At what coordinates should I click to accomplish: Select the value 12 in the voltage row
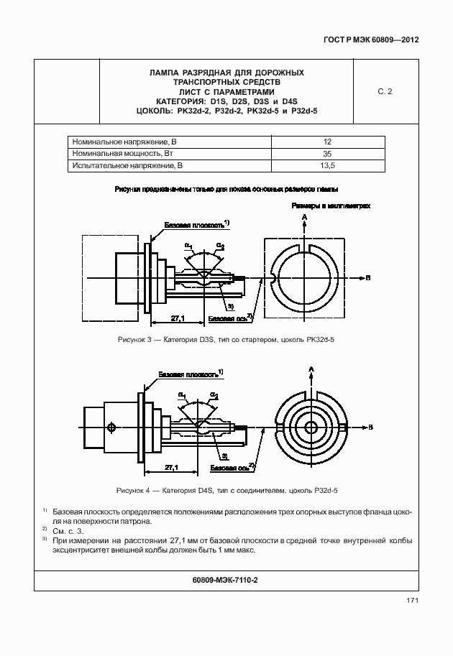point(327,142)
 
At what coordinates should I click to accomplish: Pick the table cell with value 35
point(327,154)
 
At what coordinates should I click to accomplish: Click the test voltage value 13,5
point(327,166)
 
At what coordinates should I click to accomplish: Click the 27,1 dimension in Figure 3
point(178,318)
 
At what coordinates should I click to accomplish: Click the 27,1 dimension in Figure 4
point(172,467)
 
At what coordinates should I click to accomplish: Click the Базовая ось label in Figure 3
point(226,318)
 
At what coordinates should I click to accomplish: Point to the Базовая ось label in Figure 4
point(229,467)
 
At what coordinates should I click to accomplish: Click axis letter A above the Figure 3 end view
point(305,216)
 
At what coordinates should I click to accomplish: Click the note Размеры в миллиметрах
point(331,205)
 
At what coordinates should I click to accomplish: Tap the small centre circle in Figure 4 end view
point(311,426)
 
